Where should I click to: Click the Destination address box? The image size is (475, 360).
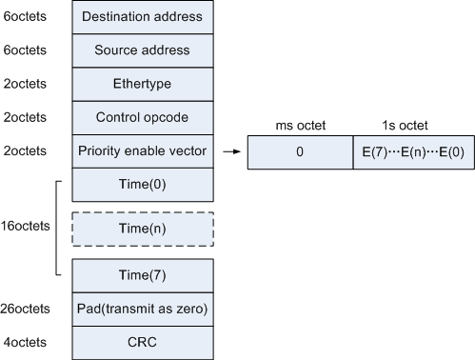142,17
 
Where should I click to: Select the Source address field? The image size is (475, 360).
142,50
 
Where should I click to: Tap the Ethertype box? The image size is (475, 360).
142,84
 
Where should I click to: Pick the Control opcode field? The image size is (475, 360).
142,117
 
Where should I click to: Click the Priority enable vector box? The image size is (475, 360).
142,150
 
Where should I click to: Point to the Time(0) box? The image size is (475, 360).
142,184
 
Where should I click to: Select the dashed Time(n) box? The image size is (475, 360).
142,229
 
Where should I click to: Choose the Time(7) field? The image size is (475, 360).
142,274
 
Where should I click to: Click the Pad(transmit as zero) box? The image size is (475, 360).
142,308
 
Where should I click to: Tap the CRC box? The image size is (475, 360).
142,341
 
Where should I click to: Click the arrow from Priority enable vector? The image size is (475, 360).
230,150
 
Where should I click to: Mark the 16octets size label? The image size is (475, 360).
27,227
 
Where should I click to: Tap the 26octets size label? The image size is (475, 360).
27,308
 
